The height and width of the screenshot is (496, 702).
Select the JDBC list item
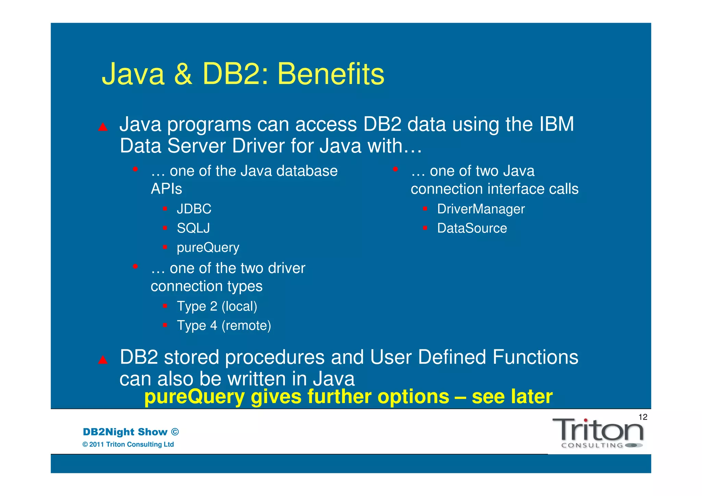(x=194, y=209)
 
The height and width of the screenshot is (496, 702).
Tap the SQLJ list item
(x=193, y=228)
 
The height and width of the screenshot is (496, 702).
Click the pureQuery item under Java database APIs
(x=208, y=247)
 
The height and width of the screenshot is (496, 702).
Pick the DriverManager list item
(x=481, y=209)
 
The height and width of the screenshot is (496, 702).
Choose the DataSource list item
(x=472, y=228)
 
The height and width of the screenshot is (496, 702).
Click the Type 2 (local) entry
(x=217, y=306)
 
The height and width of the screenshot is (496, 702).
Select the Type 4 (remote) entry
(x=223, y=326)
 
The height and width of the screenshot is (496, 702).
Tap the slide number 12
(x=643, y=417)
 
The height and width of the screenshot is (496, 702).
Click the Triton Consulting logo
(x=598, y=433)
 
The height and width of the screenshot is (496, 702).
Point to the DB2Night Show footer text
(x=131, y=432)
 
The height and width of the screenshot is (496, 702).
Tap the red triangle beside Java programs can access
(x=103, y=128)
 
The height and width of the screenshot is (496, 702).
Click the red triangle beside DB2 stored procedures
(x=103, y=360)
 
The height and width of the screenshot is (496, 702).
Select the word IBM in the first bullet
(x=556, y=124)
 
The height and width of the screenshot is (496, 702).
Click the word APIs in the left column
(x=166, y=189)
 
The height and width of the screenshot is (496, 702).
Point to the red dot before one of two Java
(x=395, y=169)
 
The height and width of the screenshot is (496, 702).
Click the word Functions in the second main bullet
(x=535, y=357)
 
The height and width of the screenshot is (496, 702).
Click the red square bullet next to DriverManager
(x=425, y=208)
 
